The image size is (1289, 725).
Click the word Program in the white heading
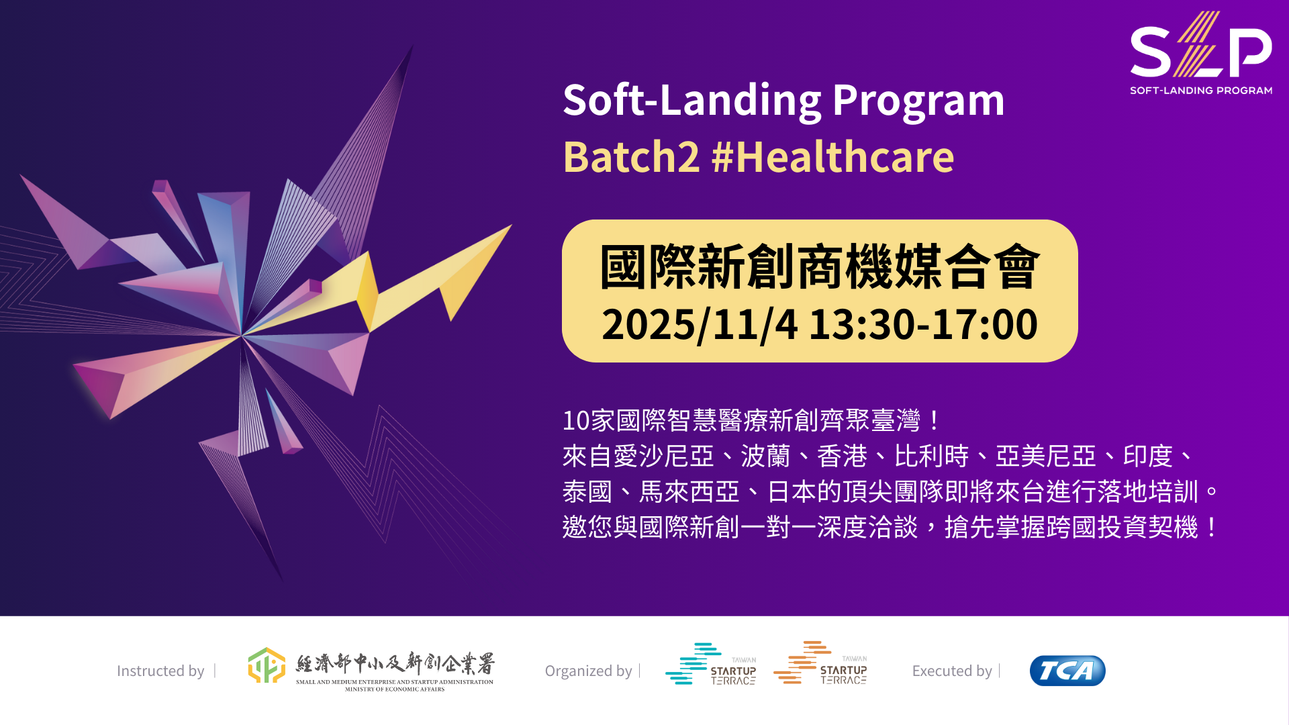(918, 101)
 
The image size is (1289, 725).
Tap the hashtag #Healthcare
(832, 157)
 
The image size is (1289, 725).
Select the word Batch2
(631, 157)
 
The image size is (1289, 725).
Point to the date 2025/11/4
(700, 325)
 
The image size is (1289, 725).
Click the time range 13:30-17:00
(923, 324)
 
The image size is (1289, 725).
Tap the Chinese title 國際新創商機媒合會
(820, 267)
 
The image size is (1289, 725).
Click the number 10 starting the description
(576, 421)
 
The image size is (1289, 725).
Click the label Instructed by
(160, 671)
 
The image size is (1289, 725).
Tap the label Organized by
(588, 671)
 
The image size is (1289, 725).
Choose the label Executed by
(952, 671)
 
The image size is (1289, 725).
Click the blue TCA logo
(1067, 671)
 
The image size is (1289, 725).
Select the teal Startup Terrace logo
(711, 664)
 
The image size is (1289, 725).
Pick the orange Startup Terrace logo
(820, 663)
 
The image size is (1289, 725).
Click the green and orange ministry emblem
(267, 665)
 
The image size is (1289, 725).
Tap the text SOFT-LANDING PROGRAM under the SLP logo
(1201, 91)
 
